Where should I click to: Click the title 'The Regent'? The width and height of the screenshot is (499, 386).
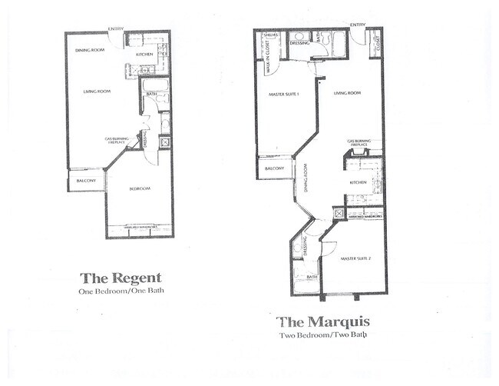pyautogui.click(x=121, y=278)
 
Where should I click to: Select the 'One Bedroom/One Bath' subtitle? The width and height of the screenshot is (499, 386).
pyautogui.click(x=121, y=291)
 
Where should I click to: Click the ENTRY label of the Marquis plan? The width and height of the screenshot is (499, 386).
pyautogui.click(x=358, y=25)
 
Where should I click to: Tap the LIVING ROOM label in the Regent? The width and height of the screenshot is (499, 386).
pyautogui.click(x=97, y=92)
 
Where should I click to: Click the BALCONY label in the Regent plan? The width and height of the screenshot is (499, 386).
pyautogui.click(x=86, y=181)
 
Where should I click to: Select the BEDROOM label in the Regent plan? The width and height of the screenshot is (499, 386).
pyautogui.click(x=139, y=188)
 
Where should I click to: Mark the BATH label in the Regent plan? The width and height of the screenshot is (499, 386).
pyautogui.click(x=152, y=95)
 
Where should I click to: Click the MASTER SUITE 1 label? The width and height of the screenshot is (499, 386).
pyautogui.click(x=283, y=95)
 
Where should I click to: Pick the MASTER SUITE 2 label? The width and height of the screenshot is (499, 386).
pyautogui.click(x=355, y=259)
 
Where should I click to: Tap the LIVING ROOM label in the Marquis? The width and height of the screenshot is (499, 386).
pyautogui.click(x=347, y=93)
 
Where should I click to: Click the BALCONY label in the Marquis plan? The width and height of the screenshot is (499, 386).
pyautogui.click(x=274, y=168)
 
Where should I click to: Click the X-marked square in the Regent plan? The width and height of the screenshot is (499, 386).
pyautogui.click(x=164, y=142)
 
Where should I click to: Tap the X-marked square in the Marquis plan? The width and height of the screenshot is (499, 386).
pyautogui.click(x=339, y=213)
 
